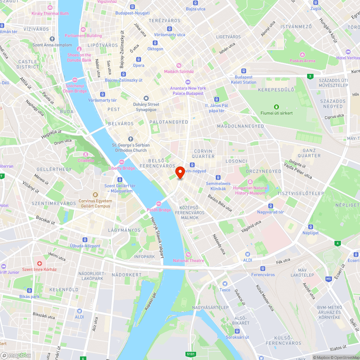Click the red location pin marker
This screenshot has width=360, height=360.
[180, 172]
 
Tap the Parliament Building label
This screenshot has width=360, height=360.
[83, 36]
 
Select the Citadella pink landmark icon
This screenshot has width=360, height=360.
[86, 154]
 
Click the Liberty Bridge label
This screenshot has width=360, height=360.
[122, 168]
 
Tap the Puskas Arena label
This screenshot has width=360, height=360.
[302, 61]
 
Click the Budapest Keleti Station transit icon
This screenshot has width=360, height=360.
[244, 71]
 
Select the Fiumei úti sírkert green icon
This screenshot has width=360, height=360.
[276, 107]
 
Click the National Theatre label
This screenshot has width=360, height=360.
[188, 261]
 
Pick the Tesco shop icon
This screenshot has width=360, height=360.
[225, 284]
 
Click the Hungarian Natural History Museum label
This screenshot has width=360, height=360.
[250, 190]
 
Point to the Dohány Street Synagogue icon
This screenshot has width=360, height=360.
[146, 98]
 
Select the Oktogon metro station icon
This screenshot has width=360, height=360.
[155, 43]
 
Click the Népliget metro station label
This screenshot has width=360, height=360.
[310, 233]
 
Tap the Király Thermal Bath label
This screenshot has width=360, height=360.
[50, 14]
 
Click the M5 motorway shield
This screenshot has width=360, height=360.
[328, 279]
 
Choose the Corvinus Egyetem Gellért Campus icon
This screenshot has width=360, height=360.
[95, 195]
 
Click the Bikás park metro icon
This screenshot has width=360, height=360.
[30, 291]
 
